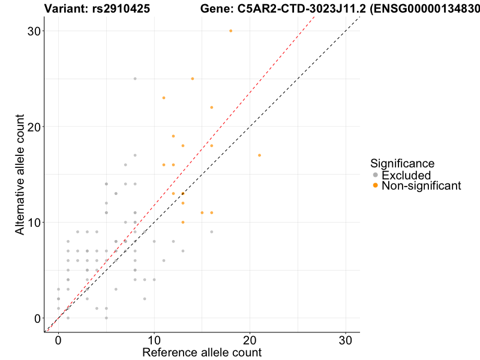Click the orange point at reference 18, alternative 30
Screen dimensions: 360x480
point(231,31)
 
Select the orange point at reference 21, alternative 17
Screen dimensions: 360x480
point(260,155)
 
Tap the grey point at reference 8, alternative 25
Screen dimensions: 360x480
point(135,79)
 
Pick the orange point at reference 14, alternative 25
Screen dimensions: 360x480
point(193,79)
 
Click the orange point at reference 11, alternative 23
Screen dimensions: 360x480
point(164,98)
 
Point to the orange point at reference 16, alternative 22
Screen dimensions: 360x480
point(212,107)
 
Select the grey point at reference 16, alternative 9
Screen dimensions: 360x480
point(212,232)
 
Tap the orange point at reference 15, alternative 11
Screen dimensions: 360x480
point(202,212)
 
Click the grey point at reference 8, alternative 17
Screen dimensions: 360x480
point(135,155)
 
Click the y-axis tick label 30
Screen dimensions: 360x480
point(34,31)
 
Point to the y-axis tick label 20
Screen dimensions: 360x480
point(34,127)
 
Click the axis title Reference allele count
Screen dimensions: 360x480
point(202,352)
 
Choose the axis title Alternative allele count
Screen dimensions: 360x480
point(21,175)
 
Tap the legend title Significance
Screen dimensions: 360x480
point(402,163)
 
